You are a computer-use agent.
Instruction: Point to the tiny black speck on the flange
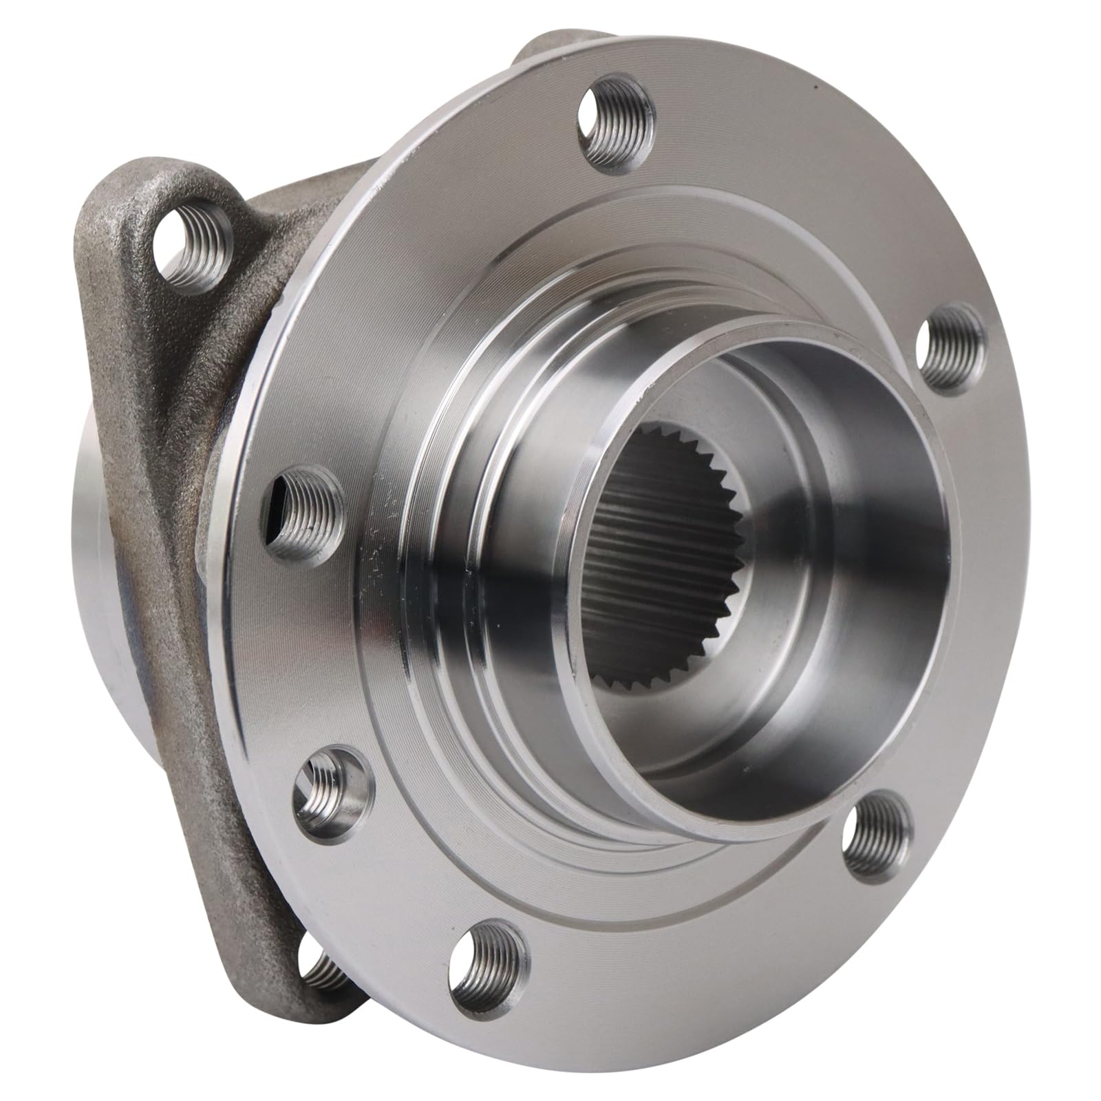point(815,87)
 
